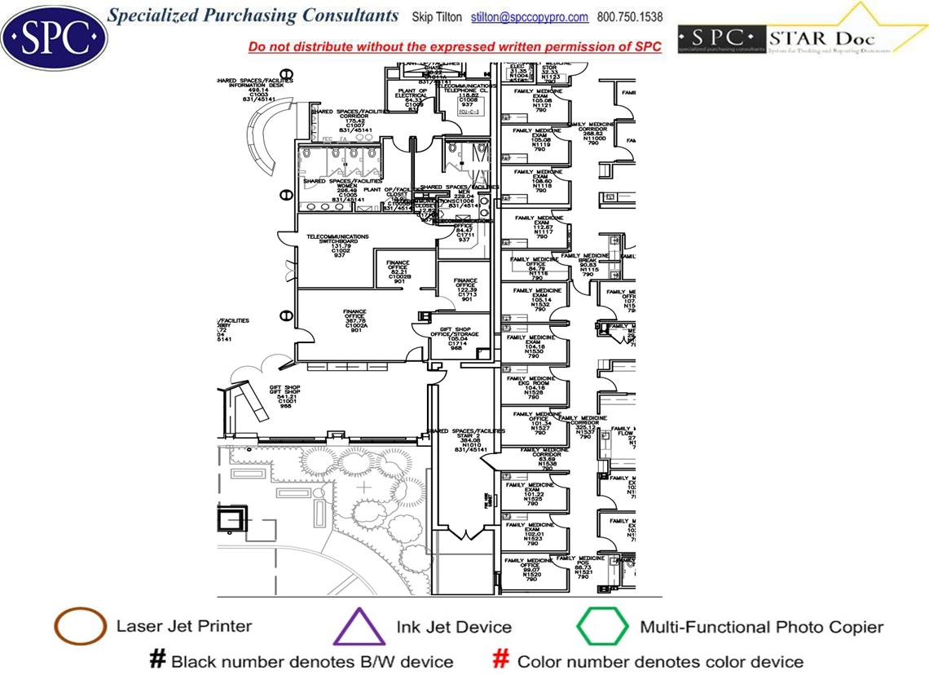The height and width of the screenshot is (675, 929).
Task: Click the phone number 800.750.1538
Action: coord(630,17)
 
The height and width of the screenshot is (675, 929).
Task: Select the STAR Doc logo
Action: coord(803,36)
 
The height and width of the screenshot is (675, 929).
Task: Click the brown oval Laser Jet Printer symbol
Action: coord(80,627)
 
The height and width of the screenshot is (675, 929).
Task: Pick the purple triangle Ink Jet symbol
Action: coord(359,629)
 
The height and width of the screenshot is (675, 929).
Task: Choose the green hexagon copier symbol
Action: coord(602,628)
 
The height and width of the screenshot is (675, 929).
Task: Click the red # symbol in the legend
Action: coord(502,660)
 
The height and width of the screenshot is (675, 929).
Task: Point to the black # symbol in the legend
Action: coord(158,660)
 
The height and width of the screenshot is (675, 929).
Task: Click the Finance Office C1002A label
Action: coord(355,320)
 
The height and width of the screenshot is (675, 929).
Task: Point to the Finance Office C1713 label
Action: coord(466,289)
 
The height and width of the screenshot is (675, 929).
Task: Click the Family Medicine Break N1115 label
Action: coord(588,264)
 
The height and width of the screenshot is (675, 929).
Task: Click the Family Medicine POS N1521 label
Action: coord(583,567)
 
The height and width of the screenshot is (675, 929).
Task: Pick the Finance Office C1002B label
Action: coord(398,271)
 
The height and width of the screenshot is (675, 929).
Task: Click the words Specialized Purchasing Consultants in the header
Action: coord(253,16)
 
